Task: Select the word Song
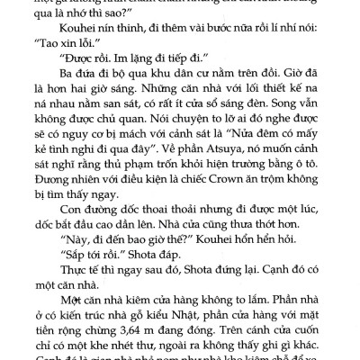tap(285, 104)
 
